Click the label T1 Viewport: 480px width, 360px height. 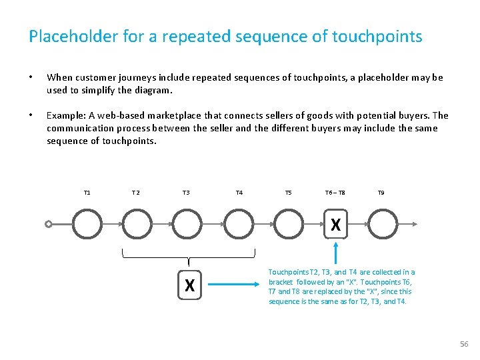tap(87, 193)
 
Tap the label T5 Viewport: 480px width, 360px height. tap(288, 193)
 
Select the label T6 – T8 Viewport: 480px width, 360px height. tap(335, 193)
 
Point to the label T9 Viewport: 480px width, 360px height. tap(381, 193)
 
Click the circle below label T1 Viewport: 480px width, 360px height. tap(87, 224)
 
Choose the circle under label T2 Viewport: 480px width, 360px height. tap(138, 224)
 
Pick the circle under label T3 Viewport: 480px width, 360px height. tap(188, 224)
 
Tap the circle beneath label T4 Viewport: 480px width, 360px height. tap(239, 224)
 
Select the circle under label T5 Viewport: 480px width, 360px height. tap(289, 224)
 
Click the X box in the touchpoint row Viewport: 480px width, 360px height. tap(335, 225)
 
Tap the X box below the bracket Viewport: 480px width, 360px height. tap(189, 285)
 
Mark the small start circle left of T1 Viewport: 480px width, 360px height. tap(49, 225)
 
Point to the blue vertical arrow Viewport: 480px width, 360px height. tap(335, 253)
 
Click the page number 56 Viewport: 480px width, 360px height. tap(464, 344)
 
